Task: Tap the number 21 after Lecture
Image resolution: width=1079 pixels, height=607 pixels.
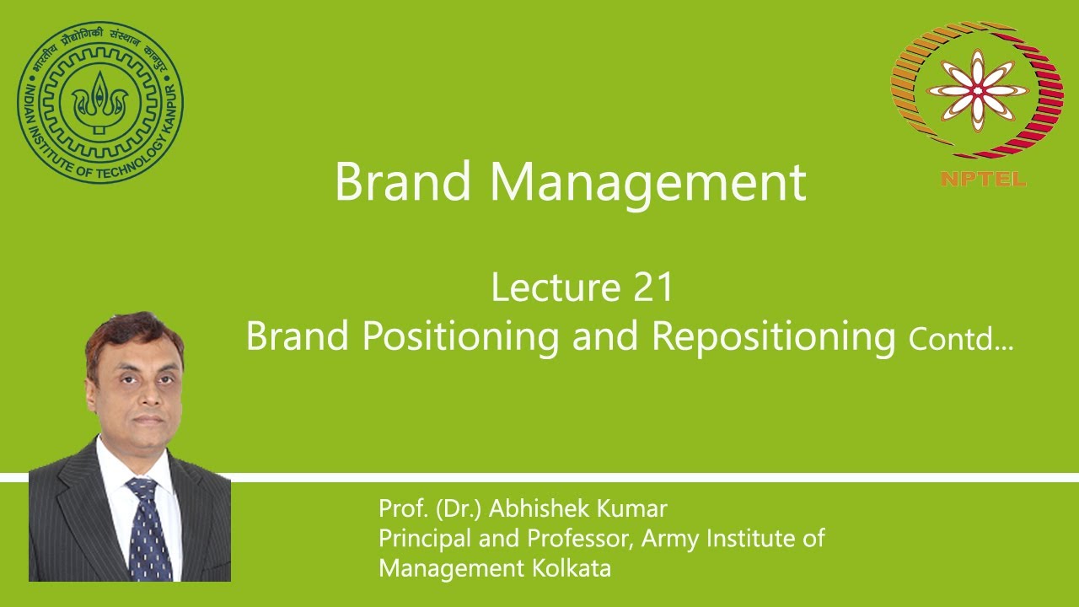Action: (x=652, y=287)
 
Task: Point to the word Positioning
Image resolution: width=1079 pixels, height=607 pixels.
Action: (x=460, y=336)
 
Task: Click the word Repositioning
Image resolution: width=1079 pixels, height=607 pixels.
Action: (x=773, y=336)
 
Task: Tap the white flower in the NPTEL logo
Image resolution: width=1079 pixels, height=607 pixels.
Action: (x=978, y=90)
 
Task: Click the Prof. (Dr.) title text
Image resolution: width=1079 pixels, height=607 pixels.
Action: (x=430, y=509)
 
